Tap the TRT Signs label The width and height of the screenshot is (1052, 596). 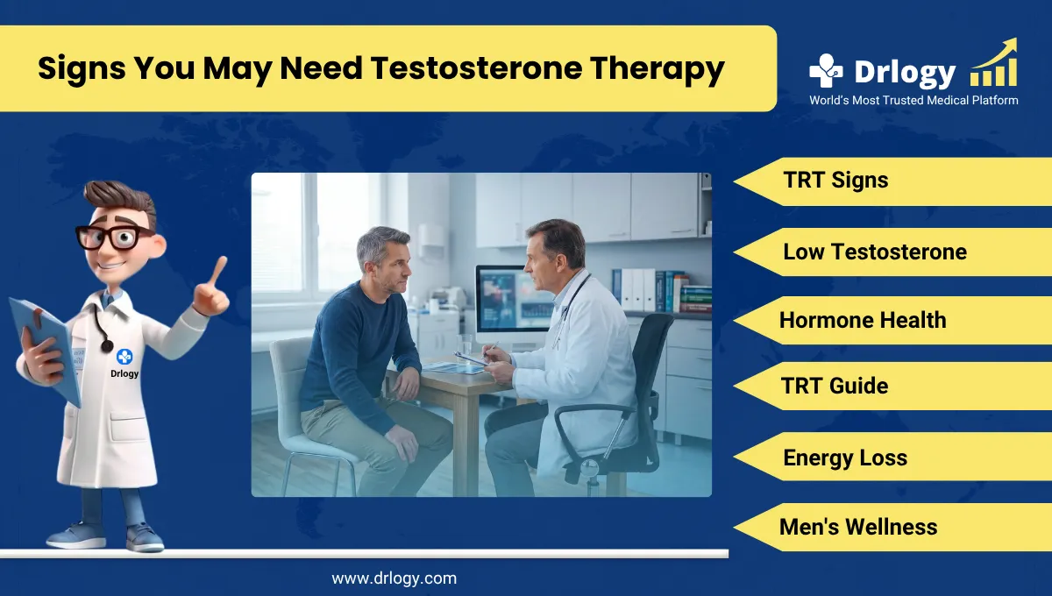click(835, 181)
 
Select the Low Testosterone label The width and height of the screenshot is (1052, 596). click(874, 252)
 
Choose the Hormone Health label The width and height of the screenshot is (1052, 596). click(863, 320)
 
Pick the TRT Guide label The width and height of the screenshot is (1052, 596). click(835, 386)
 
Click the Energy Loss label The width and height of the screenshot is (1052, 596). click(844, 458)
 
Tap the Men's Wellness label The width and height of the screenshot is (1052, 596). click(857, 527)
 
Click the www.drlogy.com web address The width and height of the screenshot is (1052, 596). click(394, 578)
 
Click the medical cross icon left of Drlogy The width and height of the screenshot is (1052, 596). click(825, 71)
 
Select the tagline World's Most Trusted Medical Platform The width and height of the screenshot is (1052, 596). click(913, 101)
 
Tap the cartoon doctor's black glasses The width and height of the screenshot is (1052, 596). click(109, 236)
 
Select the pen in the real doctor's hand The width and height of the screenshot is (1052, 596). click(487, 351)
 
